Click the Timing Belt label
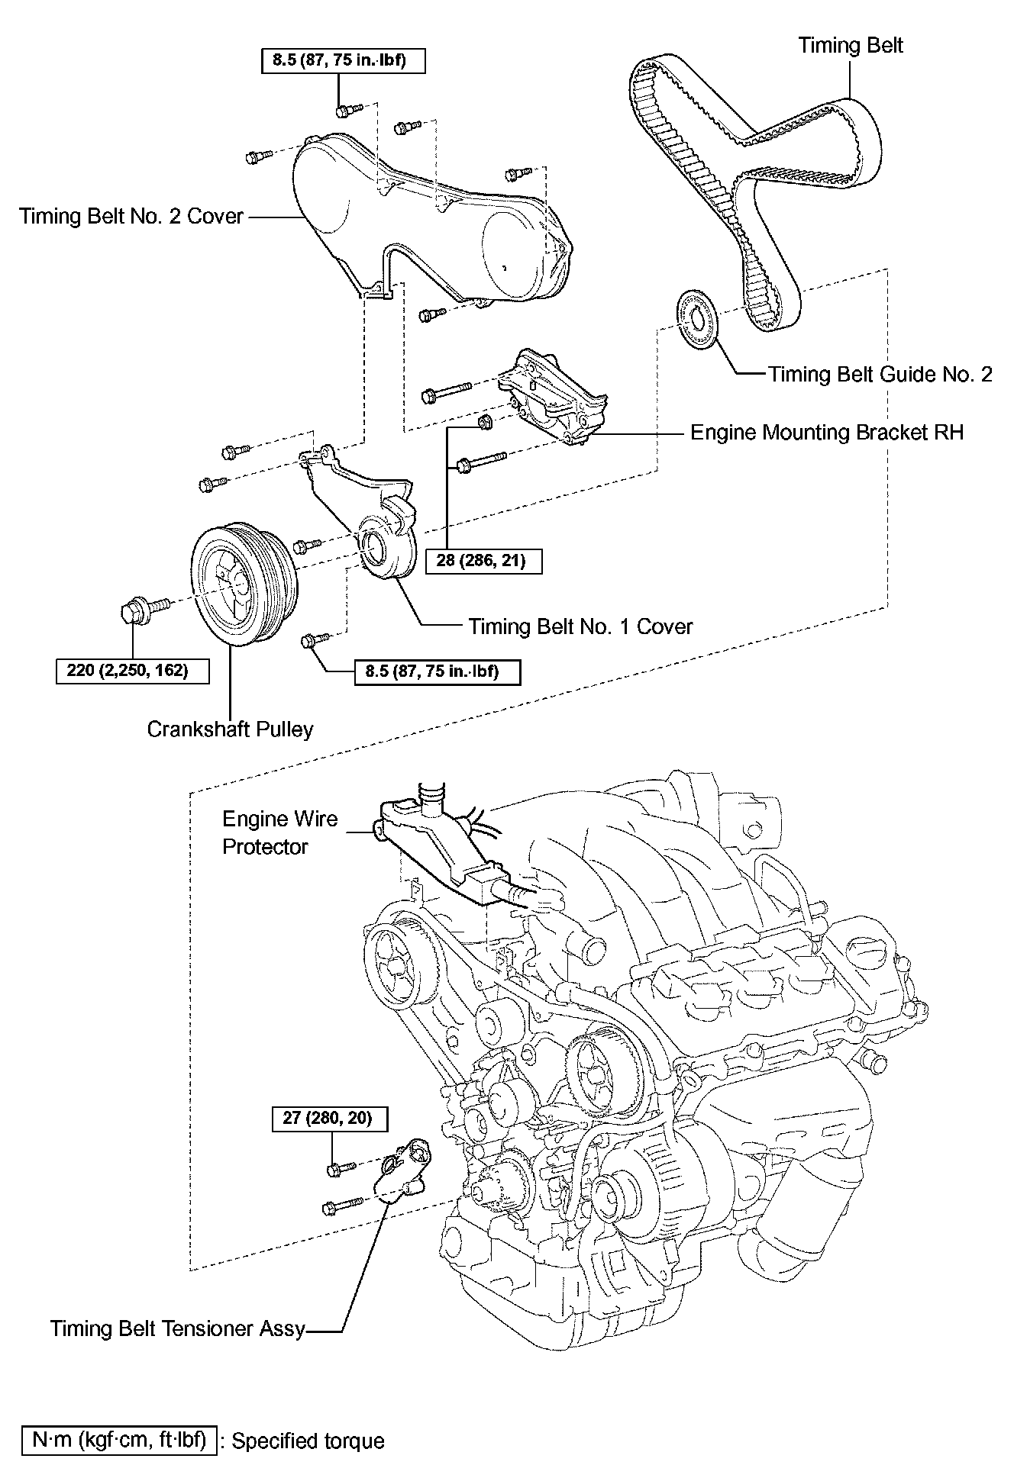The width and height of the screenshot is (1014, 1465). (851, 46)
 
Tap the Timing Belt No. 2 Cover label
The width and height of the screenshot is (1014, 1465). (131, 216)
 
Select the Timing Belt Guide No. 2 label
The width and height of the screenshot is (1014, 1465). (880, 374)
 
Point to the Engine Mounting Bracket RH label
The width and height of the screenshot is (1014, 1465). (827, 433)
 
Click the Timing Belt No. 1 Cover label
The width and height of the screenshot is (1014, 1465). (580, 626)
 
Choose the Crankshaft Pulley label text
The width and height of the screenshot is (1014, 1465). (230, 729)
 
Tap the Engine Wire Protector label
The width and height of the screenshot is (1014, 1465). (279, 832)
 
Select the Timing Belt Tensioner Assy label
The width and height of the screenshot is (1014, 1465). (178, 1328)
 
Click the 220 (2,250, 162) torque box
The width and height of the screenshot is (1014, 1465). (133, 671)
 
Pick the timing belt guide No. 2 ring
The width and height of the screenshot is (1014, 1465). (696, 320)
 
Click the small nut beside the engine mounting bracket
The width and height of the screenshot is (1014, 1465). (483, 421)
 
